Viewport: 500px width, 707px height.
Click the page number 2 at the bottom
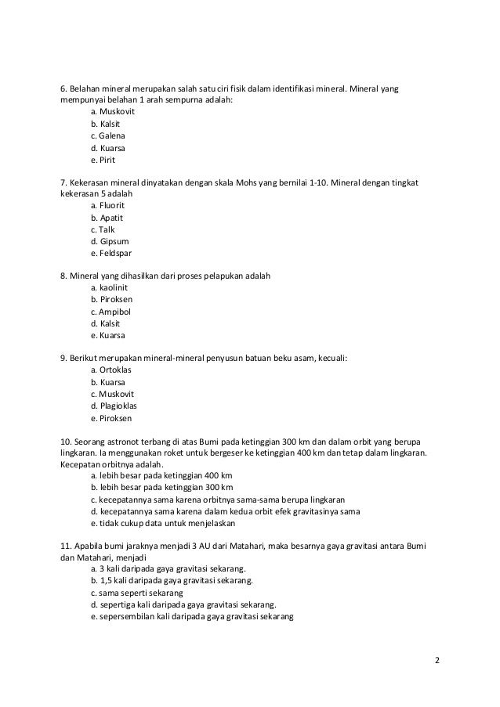pos(437,660)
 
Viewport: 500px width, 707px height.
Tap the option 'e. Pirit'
pos(103,160)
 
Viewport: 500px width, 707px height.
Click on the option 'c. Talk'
pos(103,229)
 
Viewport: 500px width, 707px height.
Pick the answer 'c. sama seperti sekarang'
pos(137,593)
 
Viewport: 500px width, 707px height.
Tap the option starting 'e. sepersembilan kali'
pos(191,616)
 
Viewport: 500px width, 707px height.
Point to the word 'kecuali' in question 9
pos(331,358)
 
